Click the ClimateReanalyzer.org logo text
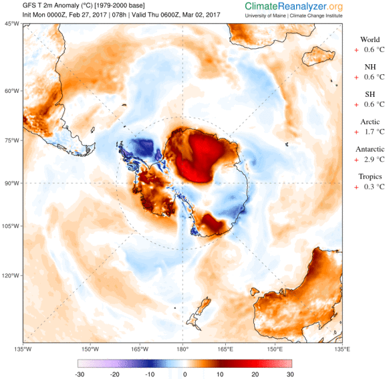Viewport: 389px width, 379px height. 293,7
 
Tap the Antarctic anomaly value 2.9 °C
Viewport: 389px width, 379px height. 374,159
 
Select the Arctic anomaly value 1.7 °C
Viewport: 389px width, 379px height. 374,132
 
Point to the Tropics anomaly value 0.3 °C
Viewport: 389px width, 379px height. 374,186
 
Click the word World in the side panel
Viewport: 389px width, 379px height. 370,39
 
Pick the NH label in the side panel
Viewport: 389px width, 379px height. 370,67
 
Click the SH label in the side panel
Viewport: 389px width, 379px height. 370,94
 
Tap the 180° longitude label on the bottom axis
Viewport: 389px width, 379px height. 182,349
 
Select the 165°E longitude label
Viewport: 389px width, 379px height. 225,349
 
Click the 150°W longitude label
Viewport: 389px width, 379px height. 90,349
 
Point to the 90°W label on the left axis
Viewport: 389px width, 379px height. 11,183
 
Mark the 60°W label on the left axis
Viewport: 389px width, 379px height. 11,91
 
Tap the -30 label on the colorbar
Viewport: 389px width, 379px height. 80,374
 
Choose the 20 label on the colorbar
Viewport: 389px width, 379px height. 255,374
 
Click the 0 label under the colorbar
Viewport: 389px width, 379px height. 185,374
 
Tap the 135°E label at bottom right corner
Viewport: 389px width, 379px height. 342,349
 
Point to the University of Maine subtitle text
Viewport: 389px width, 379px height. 265,16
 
